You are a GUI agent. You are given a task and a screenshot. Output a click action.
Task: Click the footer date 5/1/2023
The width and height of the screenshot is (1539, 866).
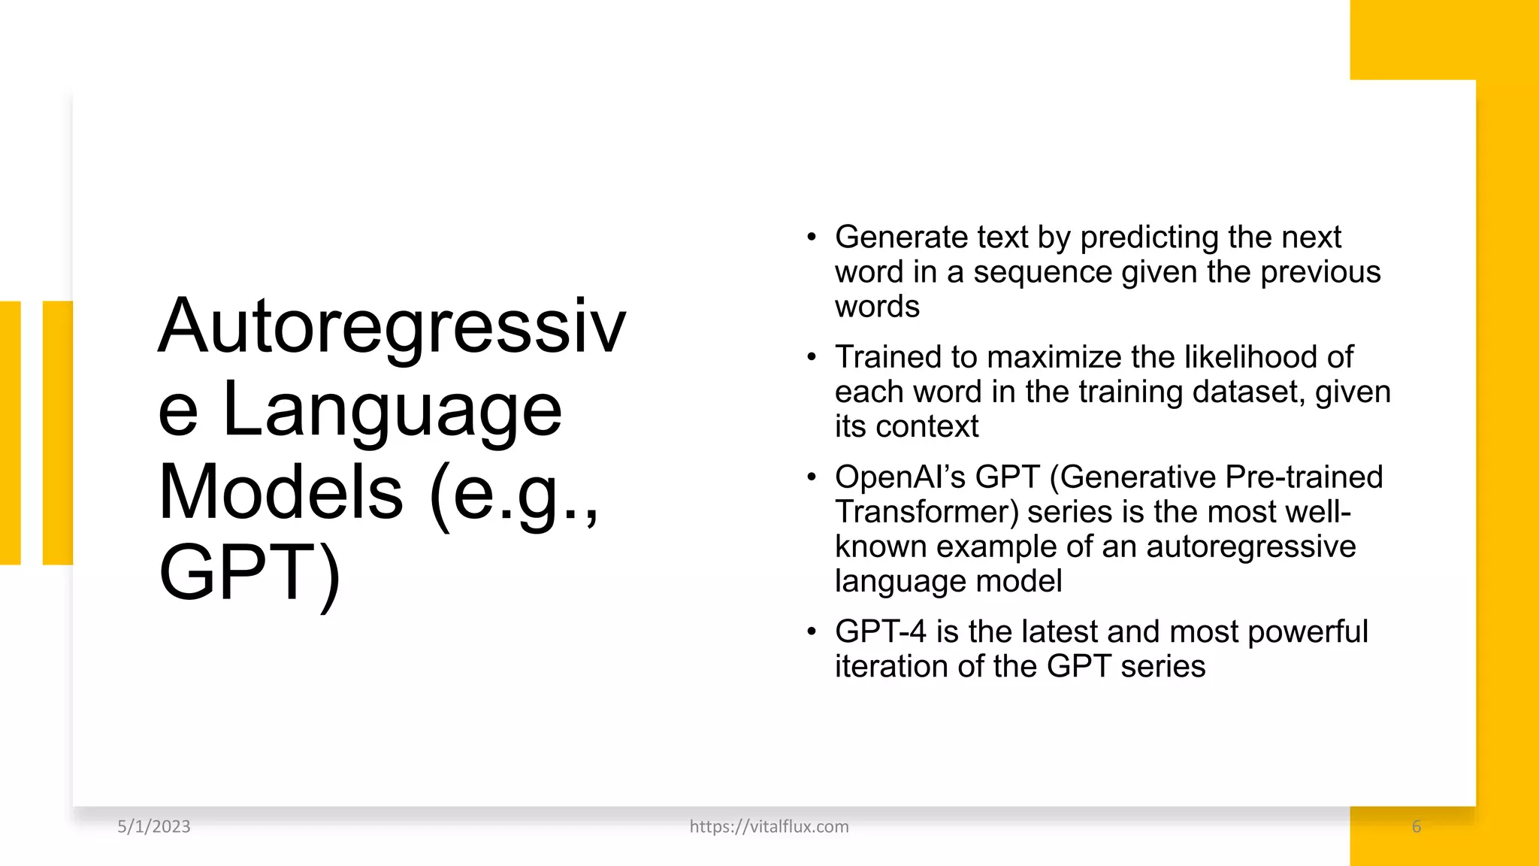[x=154, y=826]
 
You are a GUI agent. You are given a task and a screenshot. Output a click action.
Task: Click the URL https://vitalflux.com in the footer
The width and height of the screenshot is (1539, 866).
[x=769, y=826]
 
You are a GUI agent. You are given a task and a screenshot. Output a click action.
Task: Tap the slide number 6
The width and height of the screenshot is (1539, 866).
[x=1417, y=826]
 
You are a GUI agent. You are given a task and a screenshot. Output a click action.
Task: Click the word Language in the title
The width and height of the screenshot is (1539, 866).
[x=392, y=410]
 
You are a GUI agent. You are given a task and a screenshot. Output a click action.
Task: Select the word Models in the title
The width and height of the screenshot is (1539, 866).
[x=281, y=492]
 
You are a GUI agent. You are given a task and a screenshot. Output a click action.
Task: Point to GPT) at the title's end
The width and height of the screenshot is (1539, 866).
[x=250, y=574]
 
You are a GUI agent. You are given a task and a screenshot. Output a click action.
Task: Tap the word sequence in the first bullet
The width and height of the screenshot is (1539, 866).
[x=1042, y=271]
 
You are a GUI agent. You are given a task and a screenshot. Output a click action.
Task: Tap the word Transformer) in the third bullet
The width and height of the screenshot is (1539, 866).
[x=927, y=512]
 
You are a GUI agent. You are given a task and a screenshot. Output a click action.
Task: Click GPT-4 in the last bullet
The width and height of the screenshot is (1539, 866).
[x=880, y=631]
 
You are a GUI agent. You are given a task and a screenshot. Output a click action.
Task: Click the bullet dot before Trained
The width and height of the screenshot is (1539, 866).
[x=811, y=357]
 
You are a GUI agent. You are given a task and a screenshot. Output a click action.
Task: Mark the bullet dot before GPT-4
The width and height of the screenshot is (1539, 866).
[x=811, y=631]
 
